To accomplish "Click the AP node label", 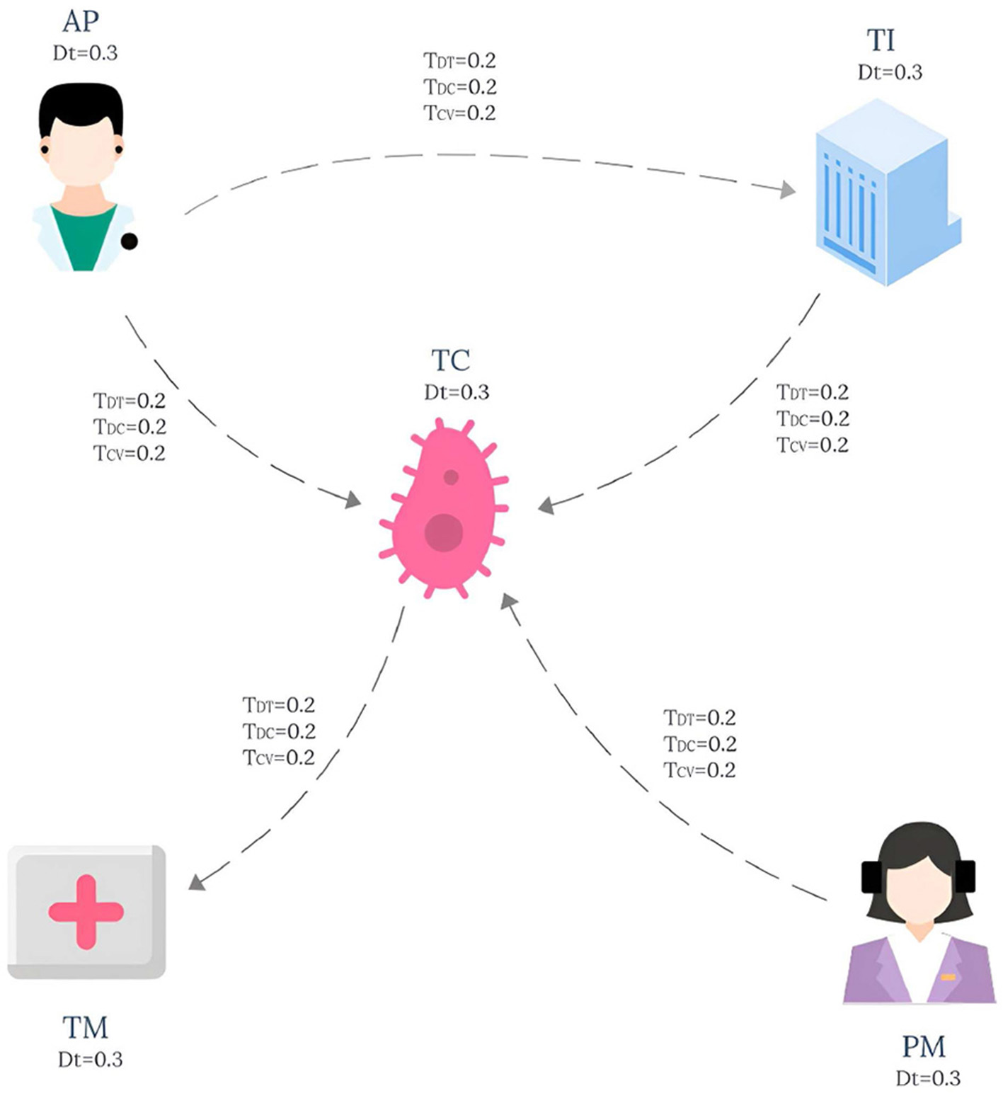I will [x=80, y=22].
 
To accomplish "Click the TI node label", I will [x=881, y=41].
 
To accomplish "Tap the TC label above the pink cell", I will [x=450, y=361].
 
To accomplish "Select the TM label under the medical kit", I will [x=85, y=1027].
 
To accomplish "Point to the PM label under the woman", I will [x=923, y=1046].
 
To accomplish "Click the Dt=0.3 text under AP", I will [x=85, y=53].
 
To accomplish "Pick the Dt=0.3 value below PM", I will [x=927, y=1078].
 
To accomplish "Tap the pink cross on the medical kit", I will [x=86, y=912].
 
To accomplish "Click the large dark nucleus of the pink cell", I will [x=444, y=532].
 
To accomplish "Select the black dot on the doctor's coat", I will [x=129, y=241].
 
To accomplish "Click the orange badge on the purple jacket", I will [x=947, y=978].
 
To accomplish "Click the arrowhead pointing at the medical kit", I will [x=197, y=881].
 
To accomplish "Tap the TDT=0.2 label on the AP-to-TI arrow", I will [x=459, y=61].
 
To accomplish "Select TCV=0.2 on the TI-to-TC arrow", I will [x=812, y=445].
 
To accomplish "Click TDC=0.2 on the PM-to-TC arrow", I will [x=699, y=744].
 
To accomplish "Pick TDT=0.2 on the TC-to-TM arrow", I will [x=278, y=705].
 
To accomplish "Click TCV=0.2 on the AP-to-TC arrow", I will [x=129, y=453].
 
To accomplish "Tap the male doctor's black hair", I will [x=80, y=106].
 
